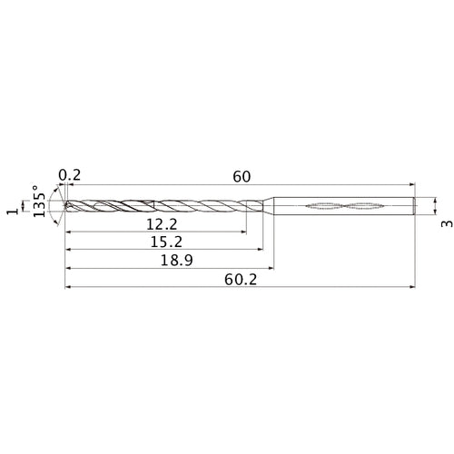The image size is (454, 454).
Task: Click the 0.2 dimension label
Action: point(70,175)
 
